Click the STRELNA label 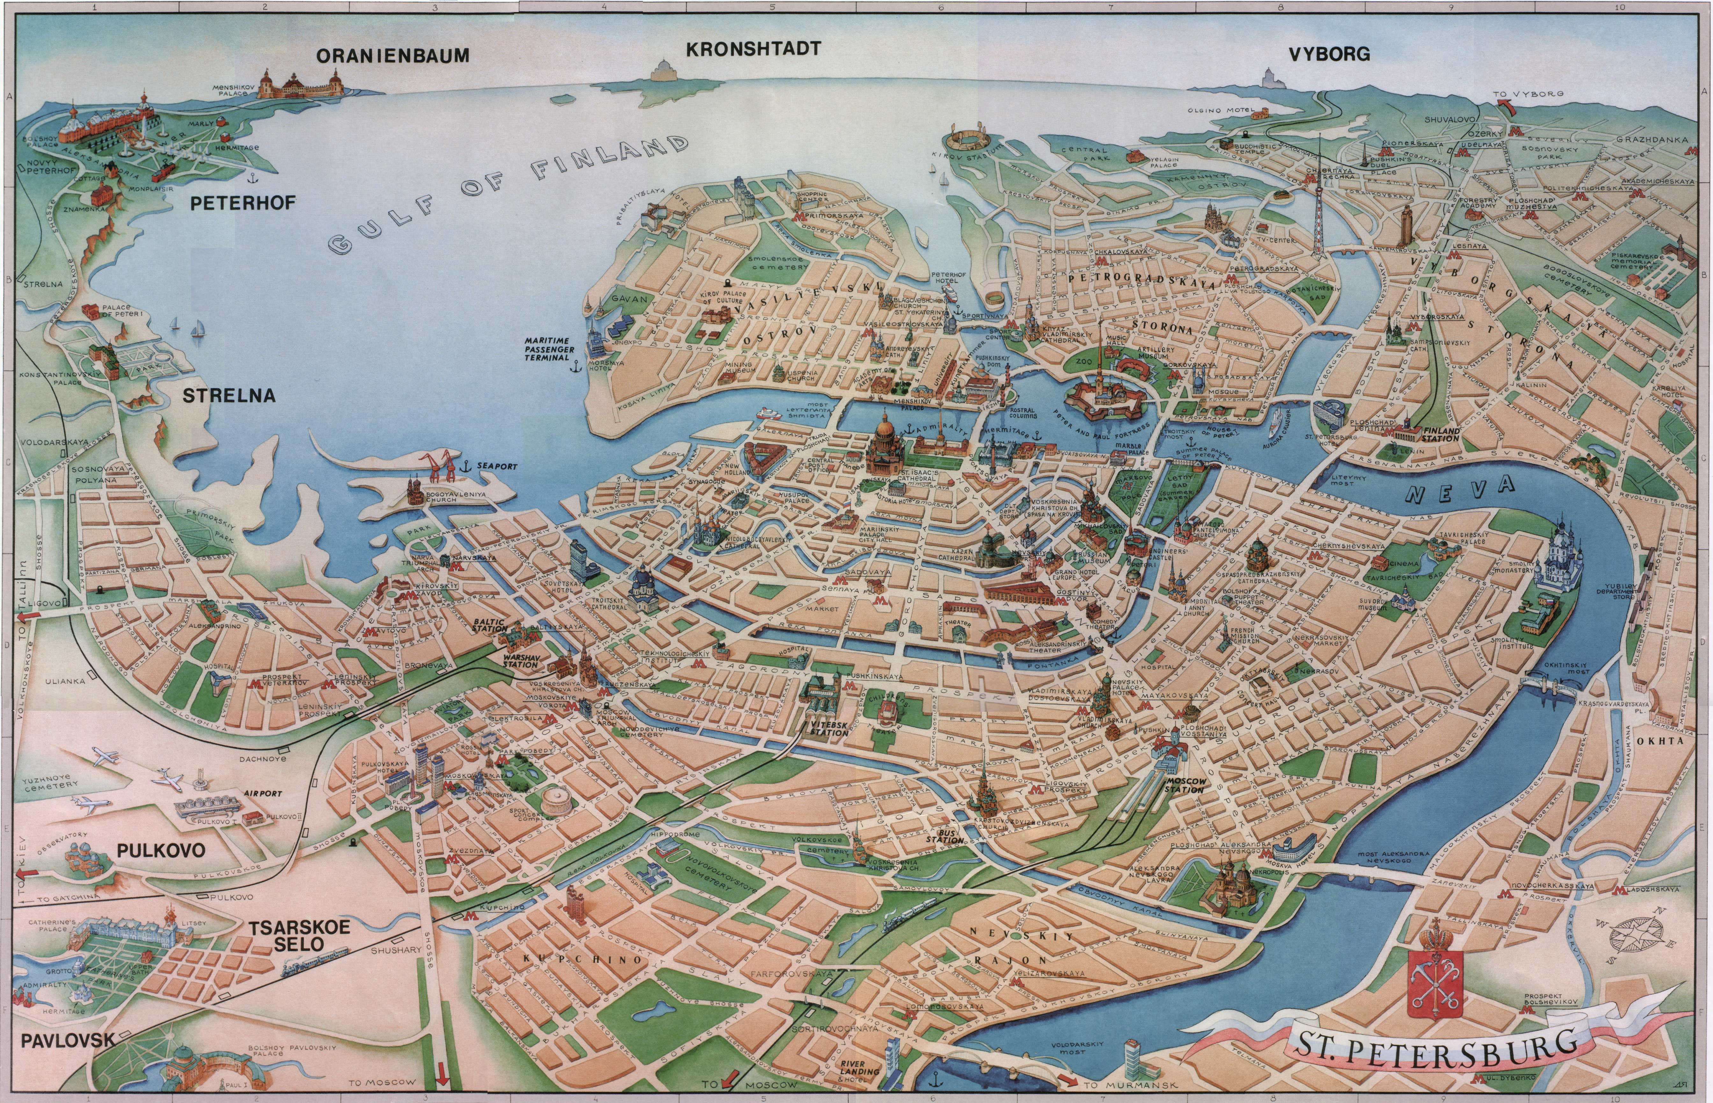click(229, 395)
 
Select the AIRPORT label click(263, 794)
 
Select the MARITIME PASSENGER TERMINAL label click(546, 349)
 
